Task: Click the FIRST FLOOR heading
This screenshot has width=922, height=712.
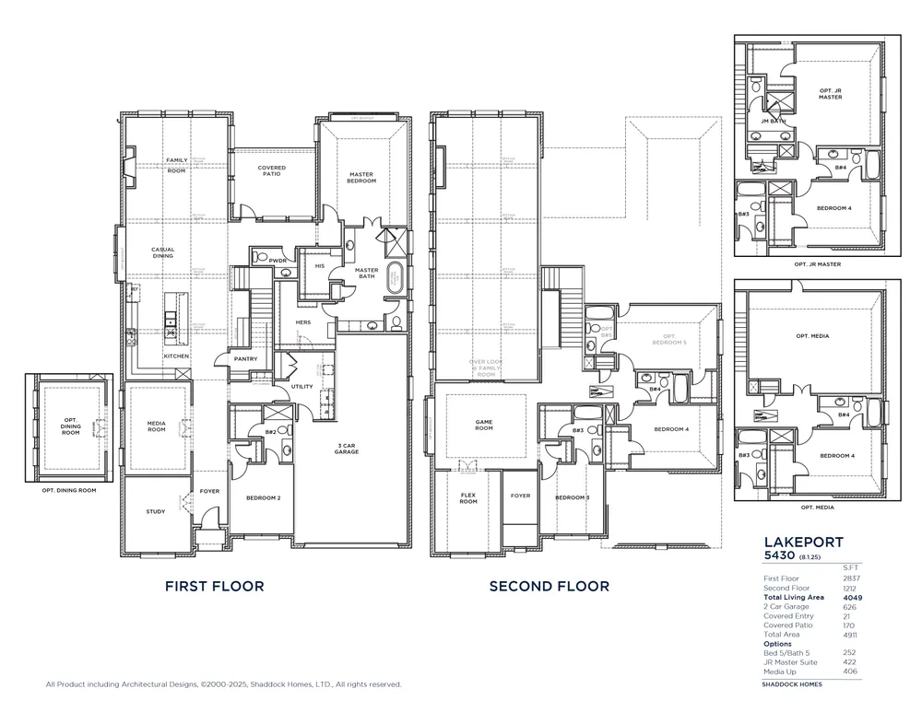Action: click(x=214, y=586)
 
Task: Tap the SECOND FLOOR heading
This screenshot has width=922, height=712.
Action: click(x=549, y=586)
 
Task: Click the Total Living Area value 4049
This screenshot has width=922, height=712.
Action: click(x=849, y=597)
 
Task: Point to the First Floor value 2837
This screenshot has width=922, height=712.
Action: click(x=849, y=578)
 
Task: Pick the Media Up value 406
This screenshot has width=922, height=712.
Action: click(x=849, y=671)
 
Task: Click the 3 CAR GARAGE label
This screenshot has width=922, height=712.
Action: click(x=348, y=449)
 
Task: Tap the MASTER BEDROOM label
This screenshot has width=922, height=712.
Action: click(x=361, y=178)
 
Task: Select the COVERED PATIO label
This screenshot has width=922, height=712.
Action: click(x=272, y=170)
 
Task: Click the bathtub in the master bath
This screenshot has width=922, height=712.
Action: click(x=395, y=277)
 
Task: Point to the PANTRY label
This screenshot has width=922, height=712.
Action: click(x=245, y=359)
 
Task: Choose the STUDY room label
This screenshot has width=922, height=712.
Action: click(x=156, y=511)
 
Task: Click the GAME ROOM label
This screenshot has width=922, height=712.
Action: click(x=485, y=426)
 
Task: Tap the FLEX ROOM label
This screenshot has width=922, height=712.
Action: click(x=468, y=499)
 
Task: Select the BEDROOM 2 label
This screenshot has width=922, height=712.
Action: click(x=264, y=498)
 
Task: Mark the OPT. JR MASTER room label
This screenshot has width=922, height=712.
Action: click(x=831, y=93)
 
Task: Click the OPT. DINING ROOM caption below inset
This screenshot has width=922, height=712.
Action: click(x=68, y=490)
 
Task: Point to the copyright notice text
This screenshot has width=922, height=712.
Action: click(x=224, y=684)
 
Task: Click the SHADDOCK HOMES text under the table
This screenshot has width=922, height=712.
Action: click(x=791, y=684)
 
